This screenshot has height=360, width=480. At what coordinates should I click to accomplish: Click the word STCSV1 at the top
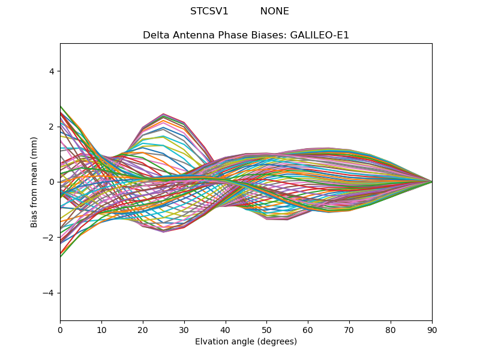[209, 11]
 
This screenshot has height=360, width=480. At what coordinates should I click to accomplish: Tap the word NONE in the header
[274, 11]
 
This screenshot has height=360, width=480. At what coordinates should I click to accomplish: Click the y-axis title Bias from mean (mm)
[35, 182]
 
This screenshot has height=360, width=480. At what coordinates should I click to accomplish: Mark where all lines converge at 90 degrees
[432, 182]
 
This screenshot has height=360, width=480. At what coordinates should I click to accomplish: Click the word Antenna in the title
[188, 35]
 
